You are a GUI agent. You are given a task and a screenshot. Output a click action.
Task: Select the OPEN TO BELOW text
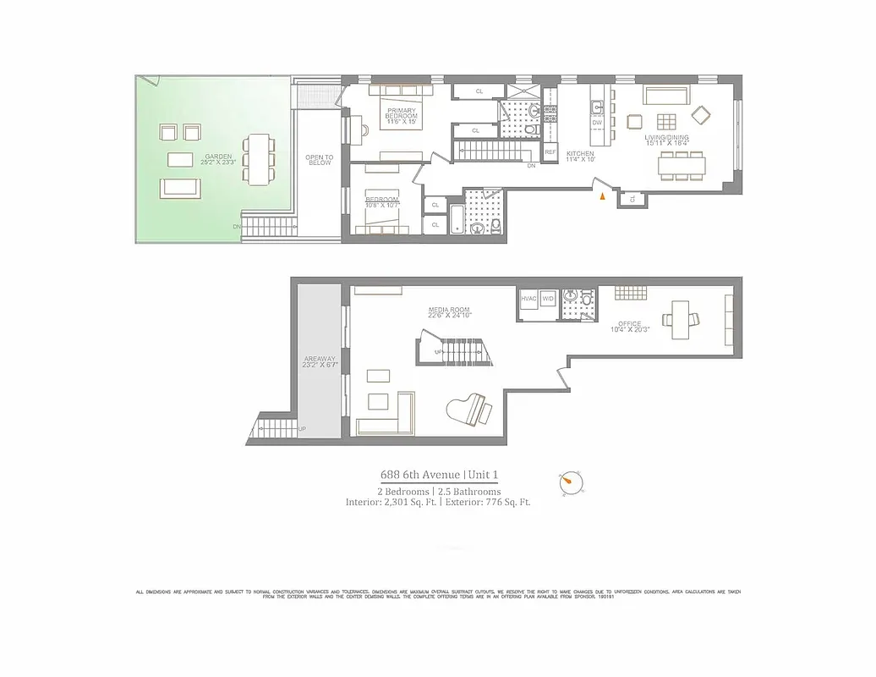point(319,161)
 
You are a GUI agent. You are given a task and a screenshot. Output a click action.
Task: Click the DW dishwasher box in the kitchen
point(597,124)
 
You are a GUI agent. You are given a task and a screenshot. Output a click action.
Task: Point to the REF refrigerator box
point(550,152)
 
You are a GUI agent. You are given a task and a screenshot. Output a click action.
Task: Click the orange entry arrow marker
point(602,196)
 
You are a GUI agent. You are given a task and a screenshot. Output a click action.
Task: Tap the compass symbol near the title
point(571,483)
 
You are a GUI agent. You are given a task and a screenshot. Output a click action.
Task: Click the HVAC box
point(528,300)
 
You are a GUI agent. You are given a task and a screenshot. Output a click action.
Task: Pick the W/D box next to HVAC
point(547,300)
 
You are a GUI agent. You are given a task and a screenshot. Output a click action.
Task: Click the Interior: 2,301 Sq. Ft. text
point(390,502)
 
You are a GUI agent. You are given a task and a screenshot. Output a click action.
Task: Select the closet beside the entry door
point(632,199)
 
